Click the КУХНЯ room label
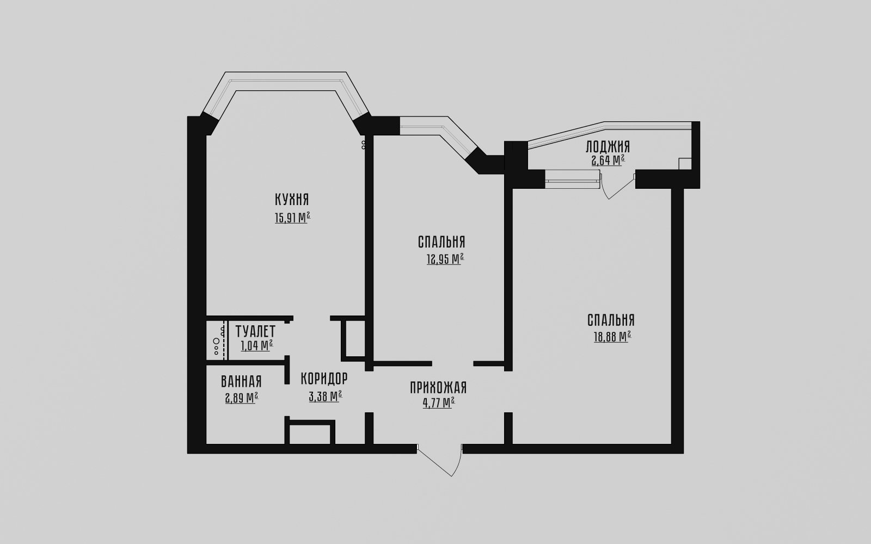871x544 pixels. (292, 199)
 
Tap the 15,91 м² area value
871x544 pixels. (292, 218)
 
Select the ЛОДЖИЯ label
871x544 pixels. (608, 147)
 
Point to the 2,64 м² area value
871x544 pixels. (608, 160)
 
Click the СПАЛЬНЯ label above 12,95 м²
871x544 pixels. (441, 242)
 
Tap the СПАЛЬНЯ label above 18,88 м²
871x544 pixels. (611, 320)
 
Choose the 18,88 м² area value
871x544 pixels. (612, 337)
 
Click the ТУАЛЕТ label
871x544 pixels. (255, 331)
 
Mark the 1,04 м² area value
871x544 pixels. (256, 345)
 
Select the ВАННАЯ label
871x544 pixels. (241, 381)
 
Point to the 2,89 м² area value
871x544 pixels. (242, 398)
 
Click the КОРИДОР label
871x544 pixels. (324, 378)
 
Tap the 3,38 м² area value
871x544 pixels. (326, 397)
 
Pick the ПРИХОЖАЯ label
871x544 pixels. (438, 388)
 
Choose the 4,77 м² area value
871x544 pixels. (439, 403)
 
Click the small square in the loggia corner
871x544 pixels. (685, 164)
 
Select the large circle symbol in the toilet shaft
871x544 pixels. (216, 341)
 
